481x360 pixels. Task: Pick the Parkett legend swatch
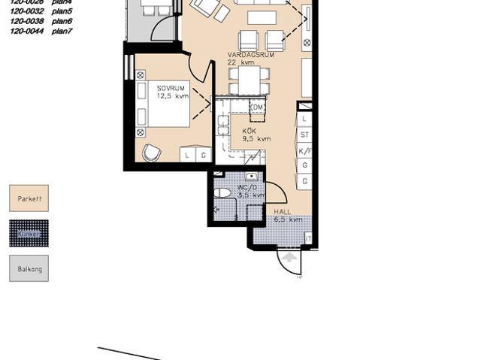point(29,198)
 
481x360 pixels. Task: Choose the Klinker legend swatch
point(29,234)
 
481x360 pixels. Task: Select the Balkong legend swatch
point(29,268)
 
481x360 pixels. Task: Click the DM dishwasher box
point(258,108)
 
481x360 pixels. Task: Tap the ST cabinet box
point(304,135)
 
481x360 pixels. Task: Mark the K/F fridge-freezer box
point(304,151)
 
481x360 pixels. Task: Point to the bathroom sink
point(252,177)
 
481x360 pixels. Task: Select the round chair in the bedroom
point(152,153)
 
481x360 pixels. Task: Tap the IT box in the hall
point(307,238)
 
